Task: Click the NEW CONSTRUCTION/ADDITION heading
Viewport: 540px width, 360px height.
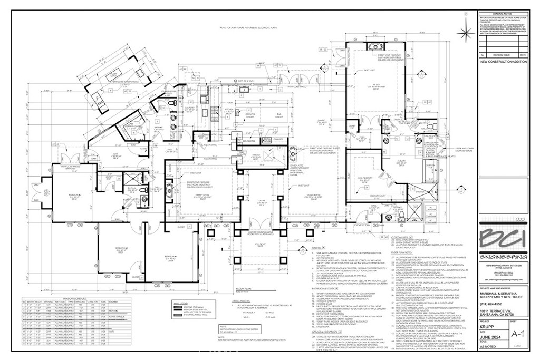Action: [504, 62]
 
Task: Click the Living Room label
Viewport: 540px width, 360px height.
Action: [304, 197]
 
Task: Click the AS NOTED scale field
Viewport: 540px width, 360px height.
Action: [488, 355]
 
